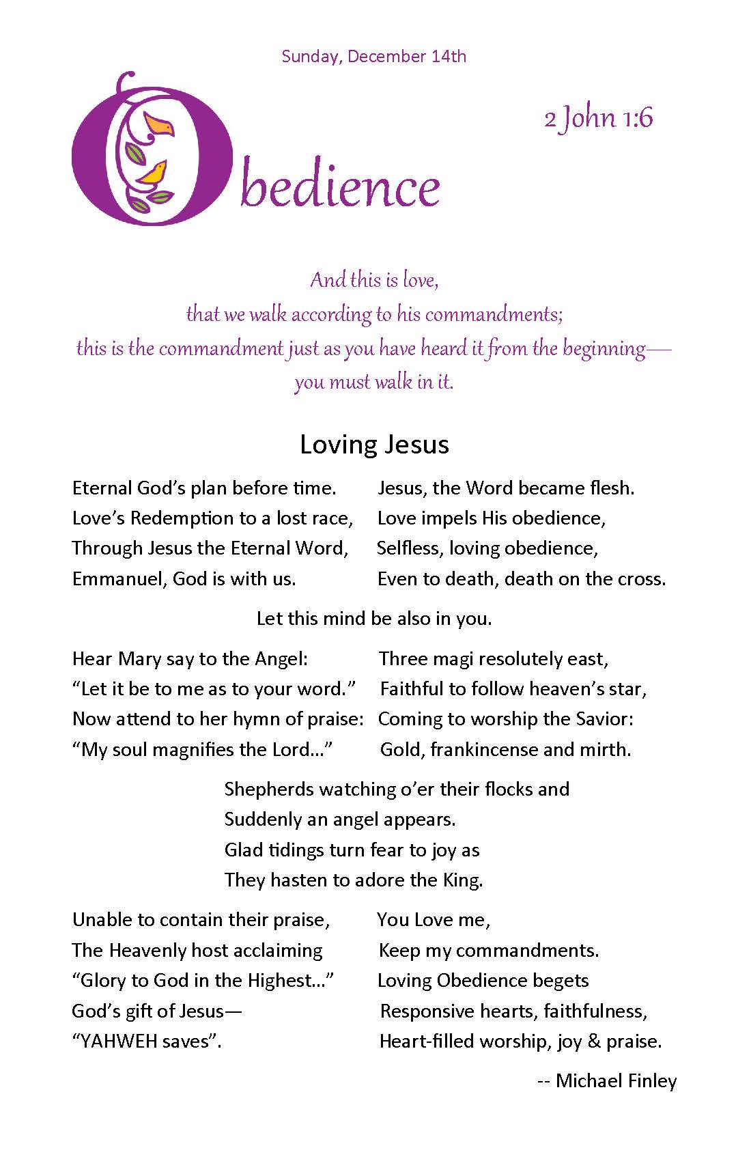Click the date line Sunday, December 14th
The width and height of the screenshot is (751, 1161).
373,56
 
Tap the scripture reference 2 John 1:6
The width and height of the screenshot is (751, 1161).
598,118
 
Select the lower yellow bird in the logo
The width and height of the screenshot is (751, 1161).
154,174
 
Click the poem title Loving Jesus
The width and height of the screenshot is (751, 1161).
374,445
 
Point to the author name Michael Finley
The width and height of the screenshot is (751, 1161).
616,1080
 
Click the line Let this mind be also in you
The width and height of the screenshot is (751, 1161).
374,619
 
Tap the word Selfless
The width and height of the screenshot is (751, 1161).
410,548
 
